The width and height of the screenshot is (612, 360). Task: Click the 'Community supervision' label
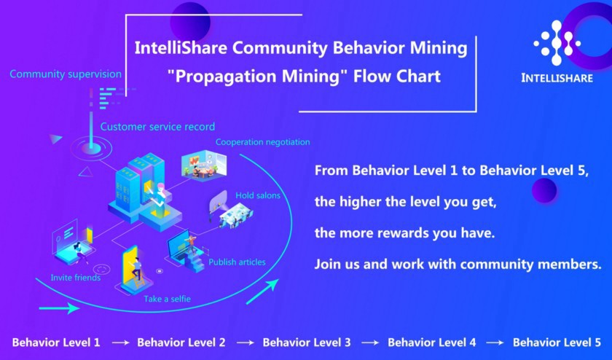(x=66, y=74)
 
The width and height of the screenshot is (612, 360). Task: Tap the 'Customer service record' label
(x=157, y=127)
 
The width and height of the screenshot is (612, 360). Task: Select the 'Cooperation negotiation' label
(x=263, y=142)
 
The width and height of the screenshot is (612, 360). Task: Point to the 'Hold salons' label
(x=258, y=195)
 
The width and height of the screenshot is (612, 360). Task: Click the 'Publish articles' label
(x=237, y=262)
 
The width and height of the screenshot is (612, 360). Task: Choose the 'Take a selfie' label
(x=167, y=299)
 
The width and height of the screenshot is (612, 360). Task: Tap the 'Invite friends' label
(x=76, y=278)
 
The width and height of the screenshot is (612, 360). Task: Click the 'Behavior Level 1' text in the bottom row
(x=56, y=343)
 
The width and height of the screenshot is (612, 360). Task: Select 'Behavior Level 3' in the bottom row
(x=307, y=343)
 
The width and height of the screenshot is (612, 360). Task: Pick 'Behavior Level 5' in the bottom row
(x=557, y=343)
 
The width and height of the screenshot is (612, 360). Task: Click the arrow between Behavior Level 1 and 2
(x=121, y=343)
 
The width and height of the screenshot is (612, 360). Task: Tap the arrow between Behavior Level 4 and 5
(x=495, y=343)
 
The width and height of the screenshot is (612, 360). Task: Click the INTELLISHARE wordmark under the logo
(x=557, y=78)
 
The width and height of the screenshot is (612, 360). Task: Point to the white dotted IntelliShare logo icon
(x=557, y=43)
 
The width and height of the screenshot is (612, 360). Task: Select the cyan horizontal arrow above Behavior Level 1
(x=59, y=308)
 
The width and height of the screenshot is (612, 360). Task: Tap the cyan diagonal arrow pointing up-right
(x=262, y=291)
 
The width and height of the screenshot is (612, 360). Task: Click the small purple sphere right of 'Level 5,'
(x=544, y=190)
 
